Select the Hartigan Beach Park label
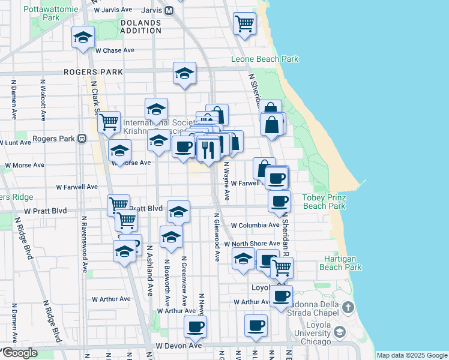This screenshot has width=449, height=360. click(x=340, y=263)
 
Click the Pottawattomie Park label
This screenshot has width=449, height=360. click(x=51, y=14)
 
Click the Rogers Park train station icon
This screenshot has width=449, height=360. click(x=81, y=139)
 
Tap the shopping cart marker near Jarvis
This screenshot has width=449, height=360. click(x=244, y=24)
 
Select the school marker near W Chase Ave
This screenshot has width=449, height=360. click(x=82, y=37)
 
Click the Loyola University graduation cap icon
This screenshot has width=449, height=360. click(x=339, y=332)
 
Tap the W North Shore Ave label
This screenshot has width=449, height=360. click(x=252, y=244)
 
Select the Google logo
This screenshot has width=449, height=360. click(x=19, y=353)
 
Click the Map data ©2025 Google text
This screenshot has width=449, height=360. click(x=412, y=355)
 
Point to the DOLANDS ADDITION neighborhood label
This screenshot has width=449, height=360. click(x=140, y=26)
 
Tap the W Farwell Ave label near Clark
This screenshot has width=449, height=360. click(x=77, y=187)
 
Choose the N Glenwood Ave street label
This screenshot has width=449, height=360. click(x=216, y=236)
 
